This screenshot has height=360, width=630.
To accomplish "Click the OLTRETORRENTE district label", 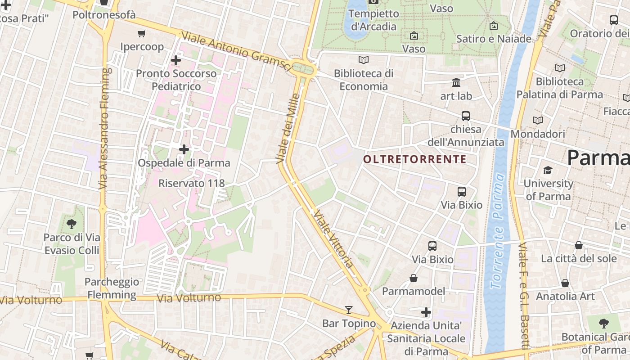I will (414, 159).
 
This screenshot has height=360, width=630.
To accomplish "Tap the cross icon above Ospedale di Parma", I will (184, 149).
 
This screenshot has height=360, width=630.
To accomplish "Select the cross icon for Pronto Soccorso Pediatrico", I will (176, 60).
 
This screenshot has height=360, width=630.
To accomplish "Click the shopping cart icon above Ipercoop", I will (142, 33).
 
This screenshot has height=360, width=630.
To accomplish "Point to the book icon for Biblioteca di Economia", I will (364, 60).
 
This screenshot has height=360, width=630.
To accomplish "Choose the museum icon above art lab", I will (456, 83).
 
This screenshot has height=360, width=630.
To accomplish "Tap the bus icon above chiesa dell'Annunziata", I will (466, 116).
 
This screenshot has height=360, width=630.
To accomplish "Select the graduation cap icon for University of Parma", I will (548, 171).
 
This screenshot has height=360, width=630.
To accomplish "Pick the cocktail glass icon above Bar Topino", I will (349, 310).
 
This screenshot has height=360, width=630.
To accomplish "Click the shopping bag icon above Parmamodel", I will (414, 279).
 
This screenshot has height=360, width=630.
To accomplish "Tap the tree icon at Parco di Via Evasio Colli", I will (71, 224).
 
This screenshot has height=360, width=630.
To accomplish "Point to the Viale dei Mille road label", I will (288, 128).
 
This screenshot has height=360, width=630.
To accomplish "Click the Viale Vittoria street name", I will (333, 238).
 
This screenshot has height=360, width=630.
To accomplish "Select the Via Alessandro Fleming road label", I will (104, 128).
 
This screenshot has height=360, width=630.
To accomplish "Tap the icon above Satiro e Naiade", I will (494, 26).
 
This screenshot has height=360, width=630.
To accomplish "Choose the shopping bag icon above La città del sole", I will (579, 245).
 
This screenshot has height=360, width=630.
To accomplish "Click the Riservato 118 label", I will (191, 183).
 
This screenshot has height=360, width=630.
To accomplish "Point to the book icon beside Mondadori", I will (538, 121).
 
